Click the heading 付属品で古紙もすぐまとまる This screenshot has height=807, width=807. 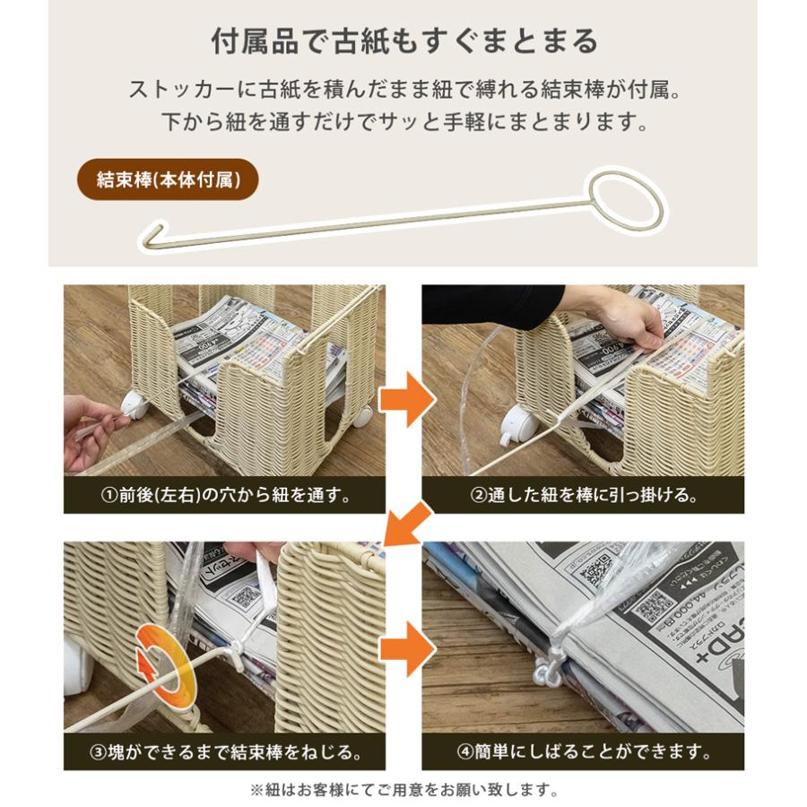coord(403,41)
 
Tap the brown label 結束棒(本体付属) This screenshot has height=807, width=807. coord(167,179)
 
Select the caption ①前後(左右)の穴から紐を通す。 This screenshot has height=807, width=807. coord(224,495)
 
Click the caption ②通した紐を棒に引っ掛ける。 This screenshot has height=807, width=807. coord(583,495)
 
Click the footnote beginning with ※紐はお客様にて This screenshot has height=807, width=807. coord(403,791)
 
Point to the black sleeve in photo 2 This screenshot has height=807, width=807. coord(493,305)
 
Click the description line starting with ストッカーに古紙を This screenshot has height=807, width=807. coord(403,90)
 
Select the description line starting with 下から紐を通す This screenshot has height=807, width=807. coord(403,121)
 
